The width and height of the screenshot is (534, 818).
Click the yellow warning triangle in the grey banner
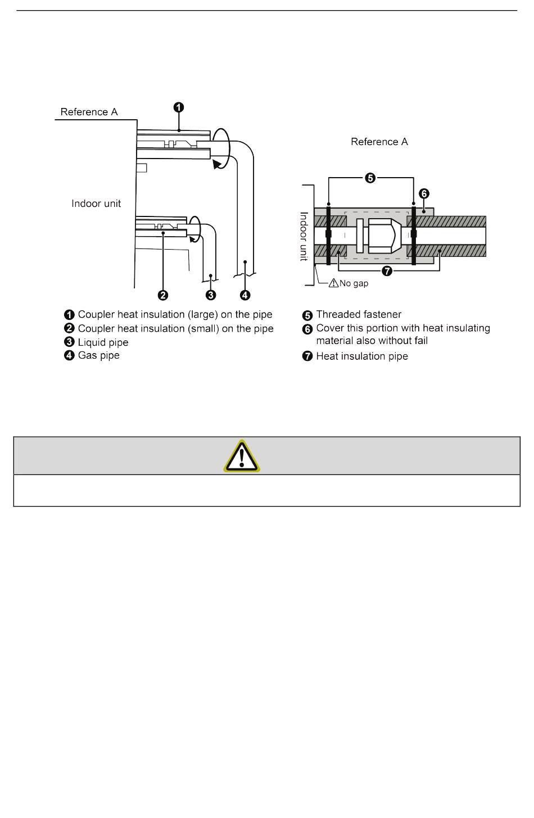[242, 455]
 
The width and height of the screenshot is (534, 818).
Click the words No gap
[354, 283]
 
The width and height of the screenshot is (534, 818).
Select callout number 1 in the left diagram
[178, 107]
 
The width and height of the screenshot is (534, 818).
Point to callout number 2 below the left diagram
[162, 295]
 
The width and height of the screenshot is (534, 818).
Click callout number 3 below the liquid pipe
[210, 295]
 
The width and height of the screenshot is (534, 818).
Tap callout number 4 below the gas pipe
[245, 295]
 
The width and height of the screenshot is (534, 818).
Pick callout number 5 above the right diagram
[370, 178]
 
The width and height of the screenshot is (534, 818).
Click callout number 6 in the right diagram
[424, 193]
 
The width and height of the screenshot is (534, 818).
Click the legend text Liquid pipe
[103, 342]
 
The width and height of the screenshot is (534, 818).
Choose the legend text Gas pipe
[98, 355]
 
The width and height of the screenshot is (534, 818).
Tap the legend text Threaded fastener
[359, 314]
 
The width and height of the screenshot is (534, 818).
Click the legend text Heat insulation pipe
[362, 356]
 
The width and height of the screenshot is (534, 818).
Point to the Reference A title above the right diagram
[379, 142]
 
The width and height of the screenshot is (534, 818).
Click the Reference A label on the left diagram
[89, 112]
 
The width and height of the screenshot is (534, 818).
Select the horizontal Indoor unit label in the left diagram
[96, 204]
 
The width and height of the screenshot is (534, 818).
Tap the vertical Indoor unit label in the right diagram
[304, 236]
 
